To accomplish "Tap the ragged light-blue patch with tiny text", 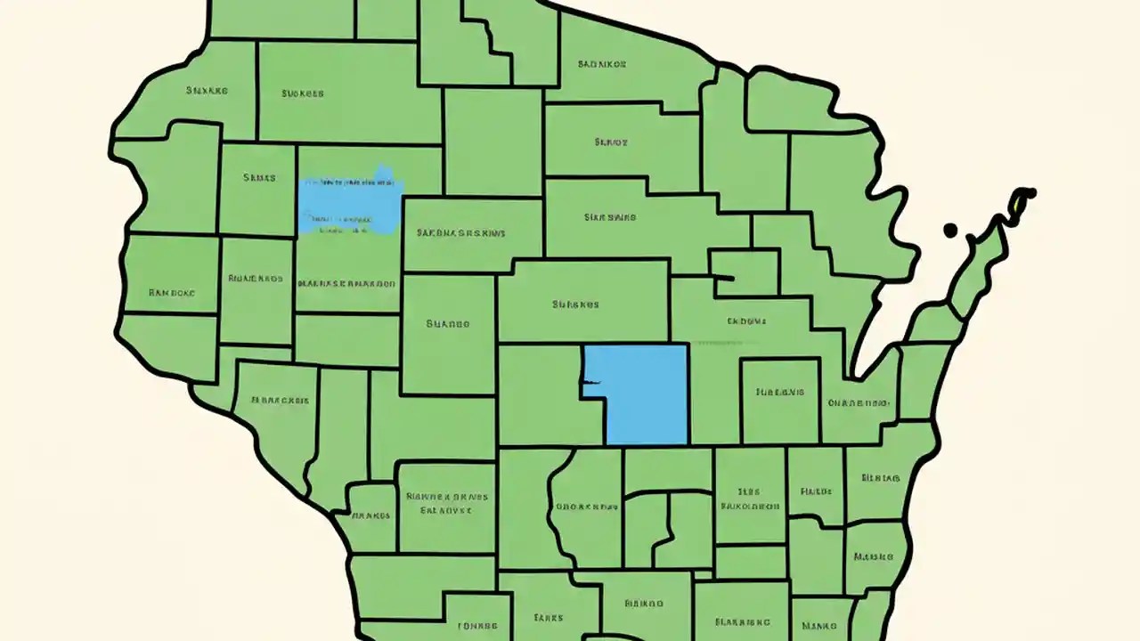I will (x=350, y=202).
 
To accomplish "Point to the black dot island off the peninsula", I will (x=950, y=230).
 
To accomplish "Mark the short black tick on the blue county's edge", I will (x=591, y=384).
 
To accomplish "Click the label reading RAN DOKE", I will (x=172, y=292).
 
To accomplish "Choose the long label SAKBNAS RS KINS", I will (x=460, y=233).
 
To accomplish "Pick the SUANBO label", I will (x=447, y=324).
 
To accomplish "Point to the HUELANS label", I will (x=779, y=392).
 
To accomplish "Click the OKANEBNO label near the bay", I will (x=859, y=402).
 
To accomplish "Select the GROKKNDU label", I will (x=586, y=507).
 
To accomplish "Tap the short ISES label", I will (x=748, y=491).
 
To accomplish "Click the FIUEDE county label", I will (x=816, y=491).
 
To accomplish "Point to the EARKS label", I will (x=548, y=617).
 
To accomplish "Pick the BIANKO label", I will (x=644, y=603).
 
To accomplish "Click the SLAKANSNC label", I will (x=741, y=622).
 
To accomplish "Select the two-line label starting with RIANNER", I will (x=445, y=504).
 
